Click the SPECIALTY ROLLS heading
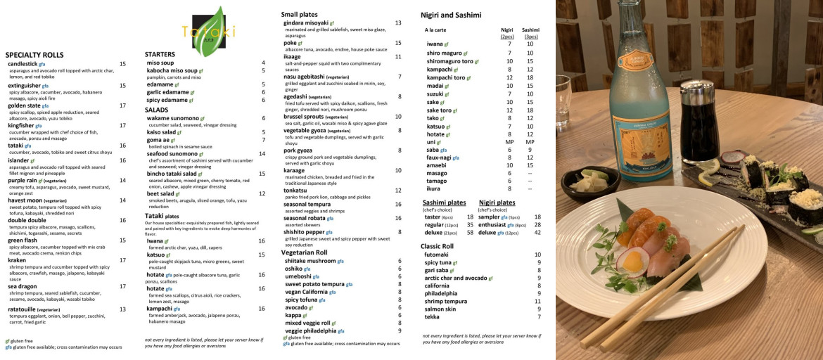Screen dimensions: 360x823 [34, 55]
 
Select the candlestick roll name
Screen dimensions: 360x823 [22, 64]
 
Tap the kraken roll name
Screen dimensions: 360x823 [17, 260]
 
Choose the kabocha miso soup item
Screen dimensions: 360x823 [171, 70]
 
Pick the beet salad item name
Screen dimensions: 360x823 [159, 193]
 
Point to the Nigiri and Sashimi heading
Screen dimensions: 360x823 [451, 15]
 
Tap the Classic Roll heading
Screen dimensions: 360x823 [437, 246]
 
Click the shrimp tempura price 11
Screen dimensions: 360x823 [537, 301]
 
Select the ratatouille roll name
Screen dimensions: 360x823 [25, 309]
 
